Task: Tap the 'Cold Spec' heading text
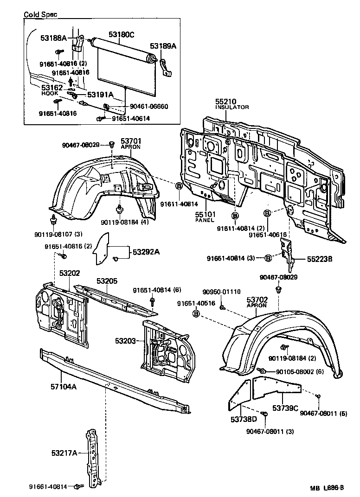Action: tap(40, 14)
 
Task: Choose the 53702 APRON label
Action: tap(257, 302)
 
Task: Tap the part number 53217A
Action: tap(64, 452)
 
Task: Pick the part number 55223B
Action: tap(319, 260)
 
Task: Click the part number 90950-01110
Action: tap(221, 292)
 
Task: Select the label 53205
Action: tap(107, 281)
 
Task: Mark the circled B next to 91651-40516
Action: tap(196, 314)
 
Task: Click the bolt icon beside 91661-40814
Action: tap(77, 486)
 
